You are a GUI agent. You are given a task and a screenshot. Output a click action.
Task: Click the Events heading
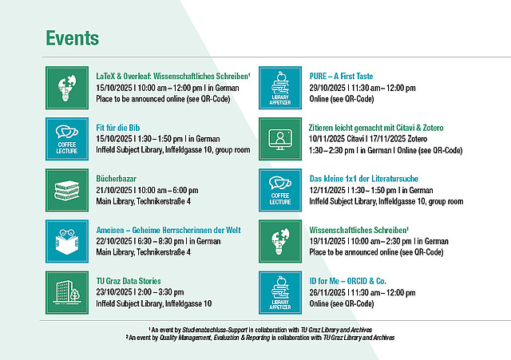(73, 38)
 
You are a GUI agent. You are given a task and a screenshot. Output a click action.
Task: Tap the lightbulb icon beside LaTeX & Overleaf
(67, 88)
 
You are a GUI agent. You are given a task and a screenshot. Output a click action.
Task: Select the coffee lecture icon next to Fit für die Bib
(67, 139)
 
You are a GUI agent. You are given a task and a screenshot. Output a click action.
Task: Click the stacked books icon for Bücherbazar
(67, 190)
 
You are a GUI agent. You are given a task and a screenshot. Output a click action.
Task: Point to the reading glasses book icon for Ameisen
(67, 241)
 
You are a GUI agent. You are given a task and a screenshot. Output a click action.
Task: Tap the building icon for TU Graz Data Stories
(67, 293)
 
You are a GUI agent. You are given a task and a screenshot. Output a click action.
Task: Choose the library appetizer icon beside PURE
(280, 88)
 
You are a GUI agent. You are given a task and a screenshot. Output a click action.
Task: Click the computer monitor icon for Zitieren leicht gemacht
(280, 139)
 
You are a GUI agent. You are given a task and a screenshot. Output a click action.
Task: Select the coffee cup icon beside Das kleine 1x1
(280, 190)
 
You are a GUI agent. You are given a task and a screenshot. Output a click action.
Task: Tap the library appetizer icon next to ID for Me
(280, 293)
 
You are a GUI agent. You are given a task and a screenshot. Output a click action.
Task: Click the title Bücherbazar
(116, 179)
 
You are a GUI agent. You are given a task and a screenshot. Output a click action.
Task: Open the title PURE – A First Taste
(341, 77)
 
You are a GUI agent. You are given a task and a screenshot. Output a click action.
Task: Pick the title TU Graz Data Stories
(129, 281)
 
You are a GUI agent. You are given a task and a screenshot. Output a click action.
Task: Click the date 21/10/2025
(114, 190)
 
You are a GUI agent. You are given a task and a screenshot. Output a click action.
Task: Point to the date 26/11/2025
(327, 293)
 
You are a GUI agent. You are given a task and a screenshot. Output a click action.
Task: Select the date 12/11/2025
(327, 190)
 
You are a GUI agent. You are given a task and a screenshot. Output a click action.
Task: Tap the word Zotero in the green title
(433, 128)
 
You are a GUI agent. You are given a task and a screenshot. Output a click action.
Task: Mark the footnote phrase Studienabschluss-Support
(215, 330)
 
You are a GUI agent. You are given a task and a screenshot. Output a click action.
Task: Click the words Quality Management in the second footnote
(185, 338)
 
